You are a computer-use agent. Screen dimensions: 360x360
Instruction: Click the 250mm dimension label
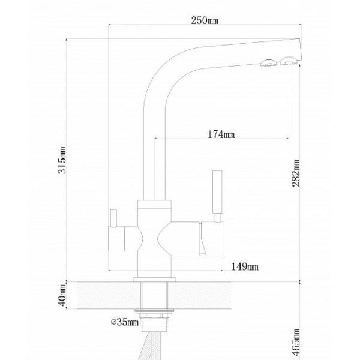pyautogui.click(x=205, y=20)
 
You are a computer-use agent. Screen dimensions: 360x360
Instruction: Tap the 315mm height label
pyautogui.click(x=62, y=160)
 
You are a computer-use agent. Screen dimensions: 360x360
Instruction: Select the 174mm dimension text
pyautogui.click(x=221, y=134)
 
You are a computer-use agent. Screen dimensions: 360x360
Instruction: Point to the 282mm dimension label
pyautogui.click(x=296, y=173)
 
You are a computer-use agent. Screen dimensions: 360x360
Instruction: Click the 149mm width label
pyautogui.click(x=245, y=267)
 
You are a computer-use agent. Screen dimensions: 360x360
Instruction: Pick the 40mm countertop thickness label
pyautogui.click(x=62, y=295)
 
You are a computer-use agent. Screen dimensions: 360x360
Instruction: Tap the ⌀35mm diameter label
pyautogui.click(x=125, y=322)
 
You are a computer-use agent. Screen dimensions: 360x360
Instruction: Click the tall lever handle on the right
pyautogui.click(x=217, y=192)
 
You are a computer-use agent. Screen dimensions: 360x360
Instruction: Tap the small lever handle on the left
pyautogui.click(x=113, y=218)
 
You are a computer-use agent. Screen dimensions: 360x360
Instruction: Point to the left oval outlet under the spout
pyautogui.click(x=268, y=62)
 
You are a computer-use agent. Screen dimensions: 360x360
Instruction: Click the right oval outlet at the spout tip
pyautogui.click(x=288, y=61)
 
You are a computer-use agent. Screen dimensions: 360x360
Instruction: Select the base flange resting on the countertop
pyautogui.click(x=155, y=280)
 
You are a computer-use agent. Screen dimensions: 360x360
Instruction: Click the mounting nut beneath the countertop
pyautogui.click(x=154, y=314)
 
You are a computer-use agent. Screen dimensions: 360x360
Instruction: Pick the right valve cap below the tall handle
pyautogui.click(x=212, y=238)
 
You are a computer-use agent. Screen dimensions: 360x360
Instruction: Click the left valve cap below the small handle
pyautogui.click(x=116, y=239)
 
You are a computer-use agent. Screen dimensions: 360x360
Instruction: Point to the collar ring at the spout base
pyautogui.click(x=154, y=204)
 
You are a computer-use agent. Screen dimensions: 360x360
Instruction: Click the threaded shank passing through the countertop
pyautogui.click(x=154, y=295)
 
